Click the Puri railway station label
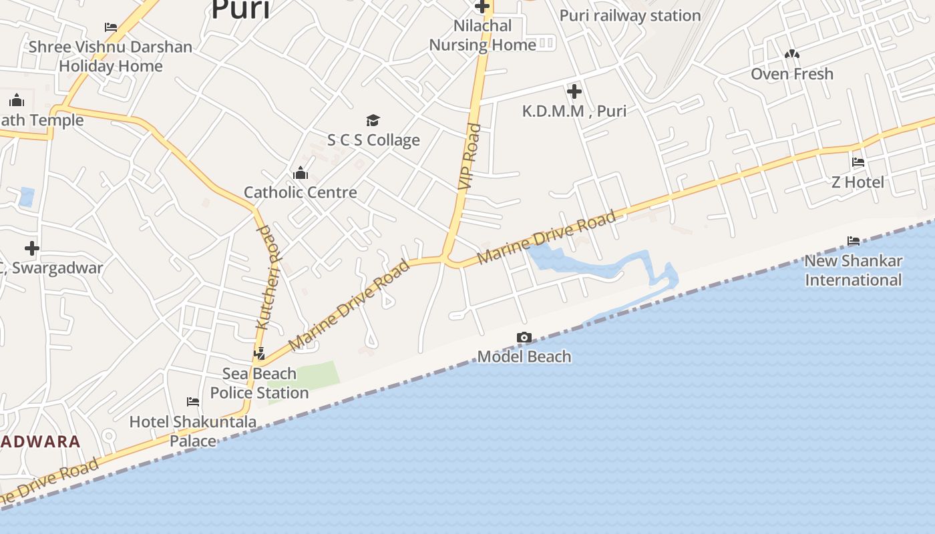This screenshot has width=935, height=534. pos(630,15)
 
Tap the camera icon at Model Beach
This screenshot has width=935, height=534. pos(524,338)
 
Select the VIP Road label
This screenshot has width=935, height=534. pos(470,156)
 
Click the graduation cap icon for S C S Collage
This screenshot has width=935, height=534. pos(373,120)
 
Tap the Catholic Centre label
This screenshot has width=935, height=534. pos(300,192)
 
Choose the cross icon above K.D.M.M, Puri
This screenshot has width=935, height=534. pos(574,91)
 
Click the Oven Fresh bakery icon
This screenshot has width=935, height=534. pos(792,54)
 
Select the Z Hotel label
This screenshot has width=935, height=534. pos(858,182)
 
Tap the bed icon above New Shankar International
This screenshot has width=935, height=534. pos(854,241)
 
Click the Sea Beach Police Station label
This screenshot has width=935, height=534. pos(259,383)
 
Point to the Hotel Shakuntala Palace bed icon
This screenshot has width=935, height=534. pos(193,402)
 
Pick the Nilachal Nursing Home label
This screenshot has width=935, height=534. pos(482,35)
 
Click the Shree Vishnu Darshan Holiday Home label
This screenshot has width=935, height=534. pos(110,56)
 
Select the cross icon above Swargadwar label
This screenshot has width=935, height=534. pos(31,248)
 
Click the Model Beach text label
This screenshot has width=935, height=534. pos(524,356)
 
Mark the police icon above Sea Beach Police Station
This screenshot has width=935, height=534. pos(259,354)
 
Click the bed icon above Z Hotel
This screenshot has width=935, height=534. pos(858,162)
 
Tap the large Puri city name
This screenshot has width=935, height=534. pos(240,9)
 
